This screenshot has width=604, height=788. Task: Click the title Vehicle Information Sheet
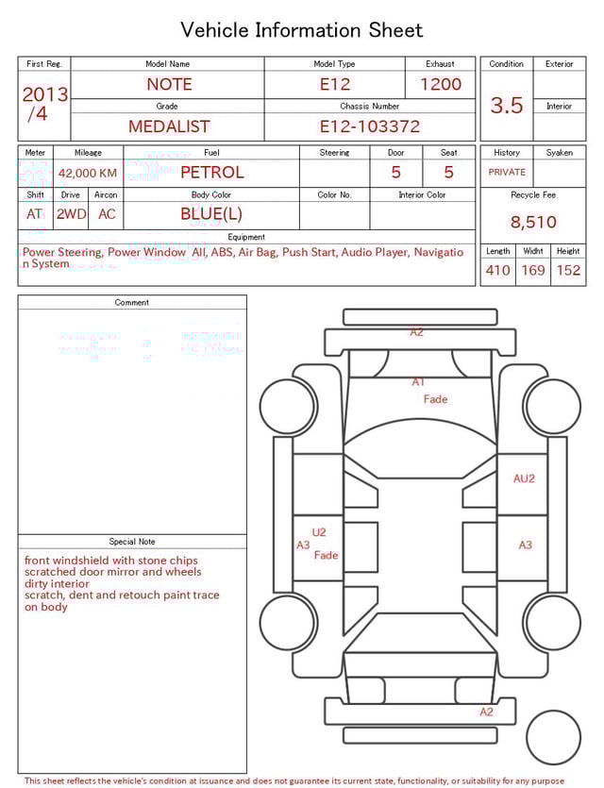(302, 30)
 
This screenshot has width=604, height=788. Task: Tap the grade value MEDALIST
(169, 126)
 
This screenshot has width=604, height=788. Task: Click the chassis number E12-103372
(369, 126)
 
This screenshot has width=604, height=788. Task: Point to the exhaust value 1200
(441, 84)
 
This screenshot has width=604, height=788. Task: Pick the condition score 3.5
(507, 106)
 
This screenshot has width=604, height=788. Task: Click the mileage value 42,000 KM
(88, 174)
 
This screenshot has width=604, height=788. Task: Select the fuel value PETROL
(211, 173)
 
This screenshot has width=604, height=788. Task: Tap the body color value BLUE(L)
(211, 214)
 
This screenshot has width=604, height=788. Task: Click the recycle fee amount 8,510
(533, 223)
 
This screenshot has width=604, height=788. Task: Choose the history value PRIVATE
(507, 173)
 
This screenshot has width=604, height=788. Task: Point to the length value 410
(497, 271)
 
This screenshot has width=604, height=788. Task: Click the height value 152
(568, 271)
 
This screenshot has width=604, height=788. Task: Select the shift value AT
(35, 214)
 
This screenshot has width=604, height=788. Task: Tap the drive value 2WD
(71, 214)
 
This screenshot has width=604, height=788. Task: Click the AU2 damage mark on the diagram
(524, 478)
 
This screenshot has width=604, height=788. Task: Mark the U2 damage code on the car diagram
(319, 532)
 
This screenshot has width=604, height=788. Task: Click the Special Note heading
(132, 542)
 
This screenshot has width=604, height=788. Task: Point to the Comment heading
(132, 303)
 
